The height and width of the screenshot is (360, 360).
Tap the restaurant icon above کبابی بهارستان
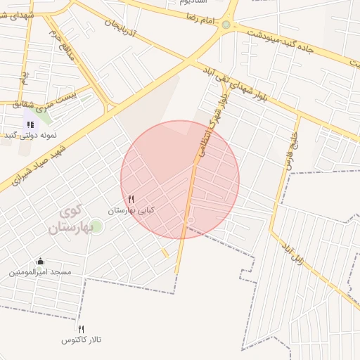[131, 200]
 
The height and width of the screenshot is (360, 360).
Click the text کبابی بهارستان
[131, 210]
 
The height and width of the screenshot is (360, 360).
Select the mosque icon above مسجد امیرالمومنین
[40, 261]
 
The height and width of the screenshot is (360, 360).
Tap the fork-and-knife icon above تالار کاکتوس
[82, 329]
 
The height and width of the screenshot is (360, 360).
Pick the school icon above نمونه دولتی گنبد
[30, 124]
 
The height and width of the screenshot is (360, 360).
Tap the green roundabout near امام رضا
[225, 25]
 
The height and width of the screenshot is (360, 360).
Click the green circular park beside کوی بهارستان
[96, 226]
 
